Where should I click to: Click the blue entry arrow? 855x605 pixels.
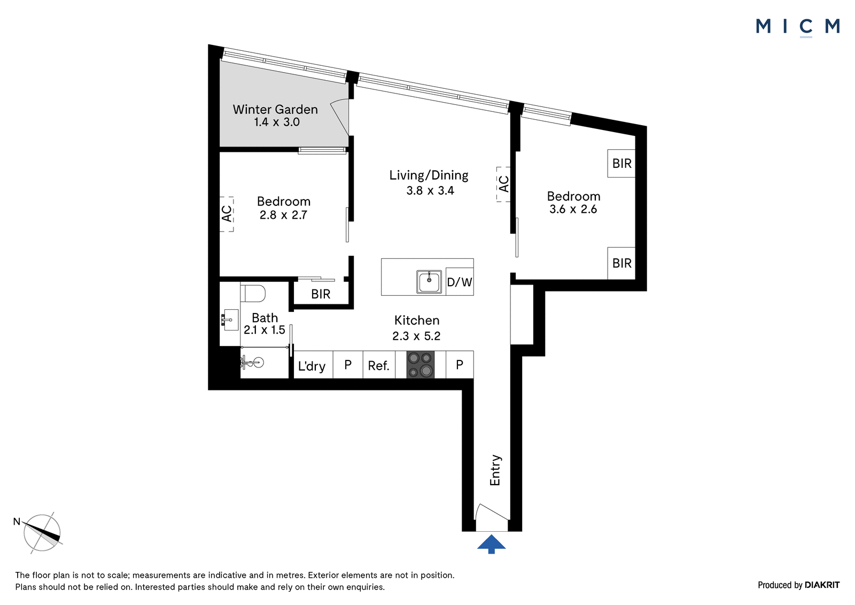[x=491, y=544]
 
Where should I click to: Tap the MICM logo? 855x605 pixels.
[x=798, y=27]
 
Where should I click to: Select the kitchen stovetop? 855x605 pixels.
[x=420, y=365]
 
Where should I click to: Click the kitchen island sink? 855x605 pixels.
[x=429, y=282]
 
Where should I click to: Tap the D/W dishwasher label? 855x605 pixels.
[x=460, y=282]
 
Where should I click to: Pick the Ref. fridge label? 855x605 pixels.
[x=379, y=366]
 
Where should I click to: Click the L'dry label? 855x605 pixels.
[x=312, y=366]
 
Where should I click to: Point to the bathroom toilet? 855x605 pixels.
[x=253, y=293]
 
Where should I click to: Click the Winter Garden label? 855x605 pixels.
[x=275, y=110]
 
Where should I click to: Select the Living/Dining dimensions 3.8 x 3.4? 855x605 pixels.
[x=430, y=190]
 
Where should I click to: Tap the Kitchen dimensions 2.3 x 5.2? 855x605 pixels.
[x=416, y=336]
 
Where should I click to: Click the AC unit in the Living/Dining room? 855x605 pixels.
[x=503, y=184]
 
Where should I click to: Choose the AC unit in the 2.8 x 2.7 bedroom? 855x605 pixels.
[x=227, y=214]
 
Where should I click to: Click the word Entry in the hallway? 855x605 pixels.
[x=495, y=470]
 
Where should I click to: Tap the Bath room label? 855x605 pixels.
[x=265, y=318]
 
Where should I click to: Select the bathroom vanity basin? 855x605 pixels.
[x=230, y=319]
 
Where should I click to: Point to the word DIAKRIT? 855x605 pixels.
[x=822, y=585]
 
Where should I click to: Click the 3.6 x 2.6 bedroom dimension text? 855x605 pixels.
[x=573, y=210]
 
